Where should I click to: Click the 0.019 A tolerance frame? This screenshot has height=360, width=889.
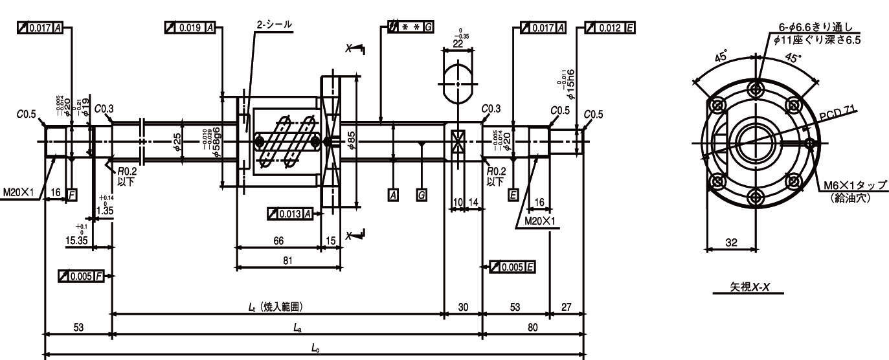coord(191,27)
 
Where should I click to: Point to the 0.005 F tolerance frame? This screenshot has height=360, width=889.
coord(82,276)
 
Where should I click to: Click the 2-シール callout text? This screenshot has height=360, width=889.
coord(274,25)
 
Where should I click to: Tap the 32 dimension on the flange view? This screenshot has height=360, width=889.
coord(730,242)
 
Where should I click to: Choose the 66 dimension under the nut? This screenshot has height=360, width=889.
coord(279,241)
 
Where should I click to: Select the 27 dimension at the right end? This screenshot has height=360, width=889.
coord(567,307)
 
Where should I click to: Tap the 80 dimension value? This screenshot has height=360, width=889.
coord(532,328)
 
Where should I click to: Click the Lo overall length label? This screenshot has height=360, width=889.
coord(315,348)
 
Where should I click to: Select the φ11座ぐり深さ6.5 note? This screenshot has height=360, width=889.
coord(817,39)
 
